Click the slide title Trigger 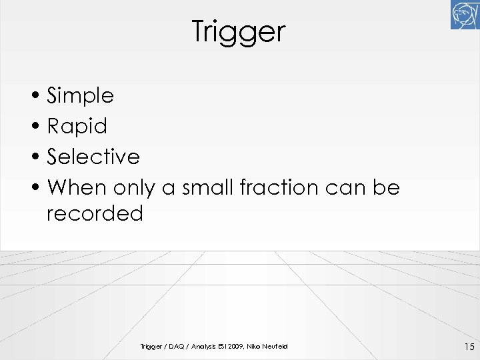[239, 31]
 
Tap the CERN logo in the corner [465, 15]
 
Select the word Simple [81, 96]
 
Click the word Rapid [77, 126]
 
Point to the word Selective [93, 157]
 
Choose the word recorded [95, 214]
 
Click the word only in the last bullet [133, 187]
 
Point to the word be [386, 187]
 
